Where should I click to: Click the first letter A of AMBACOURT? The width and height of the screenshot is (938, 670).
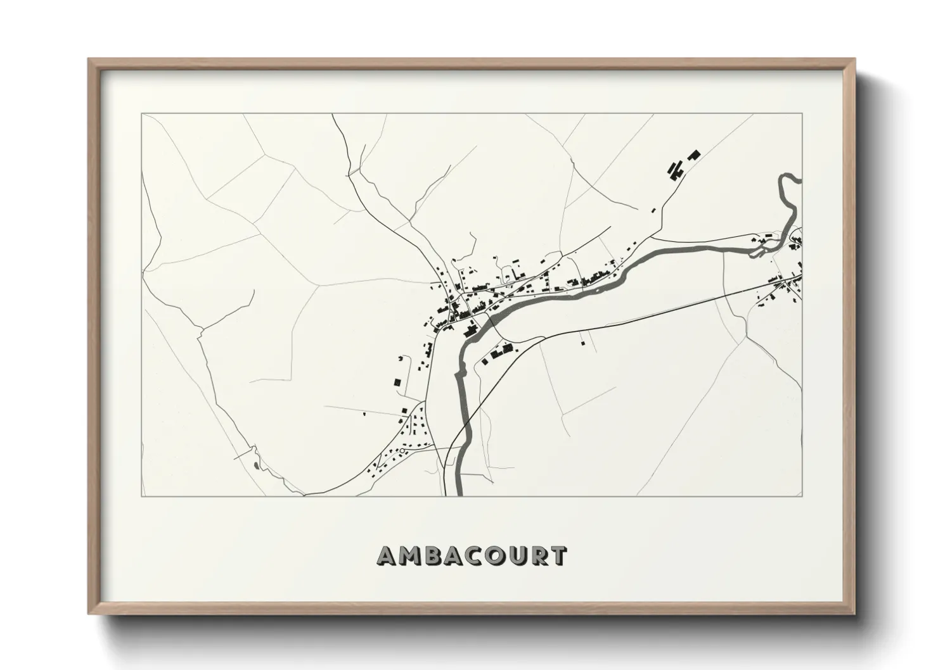[x=387, y=556]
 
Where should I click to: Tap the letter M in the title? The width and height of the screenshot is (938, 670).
[x=411, y=556]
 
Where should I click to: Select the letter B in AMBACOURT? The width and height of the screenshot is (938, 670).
[x=434, y=556]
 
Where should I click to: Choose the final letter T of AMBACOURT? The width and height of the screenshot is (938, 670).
[x=559, y=556]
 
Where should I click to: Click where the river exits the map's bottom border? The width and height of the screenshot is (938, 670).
[x=458, y=495]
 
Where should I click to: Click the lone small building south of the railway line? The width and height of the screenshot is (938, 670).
[x=582, y=343]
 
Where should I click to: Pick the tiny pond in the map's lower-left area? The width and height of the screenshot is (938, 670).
[x=255, y=465]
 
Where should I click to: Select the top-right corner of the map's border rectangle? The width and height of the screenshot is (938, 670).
[x=802, y=114]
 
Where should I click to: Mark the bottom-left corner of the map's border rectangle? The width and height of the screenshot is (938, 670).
[x=141, y=496]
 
